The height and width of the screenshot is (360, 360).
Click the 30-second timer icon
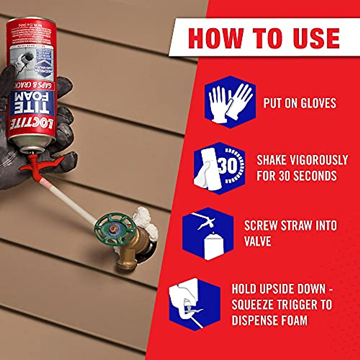click(x=219, y=168)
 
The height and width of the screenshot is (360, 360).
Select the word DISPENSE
click(x=258, y=320)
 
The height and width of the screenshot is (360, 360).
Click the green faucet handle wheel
click(x=115, y=229)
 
